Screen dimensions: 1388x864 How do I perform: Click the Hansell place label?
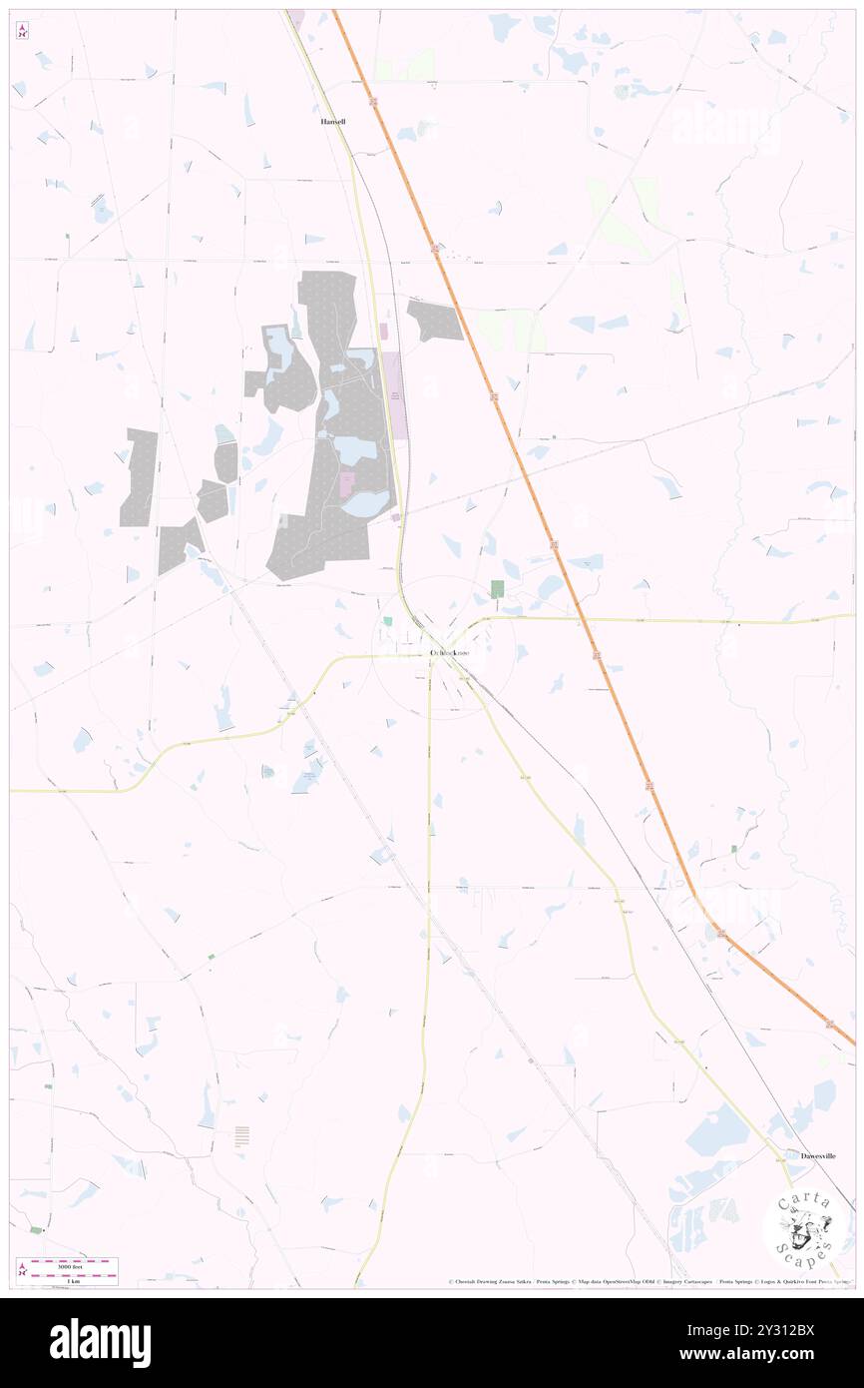pos(332,121)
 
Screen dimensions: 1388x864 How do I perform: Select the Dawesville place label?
pos(818,1155)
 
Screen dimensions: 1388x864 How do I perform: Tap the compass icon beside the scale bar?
pos(22,1268)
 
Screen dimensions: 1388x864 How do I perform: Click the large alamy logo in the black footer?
pos(100,1342)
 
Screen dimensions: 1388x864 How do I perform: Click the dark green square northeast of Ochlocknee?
pos(497,589)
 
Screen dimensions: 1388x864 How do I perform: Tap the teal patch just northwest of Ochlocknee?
pos(387,621)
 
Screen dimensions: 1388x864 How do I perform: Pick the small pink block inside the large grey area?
pos(347,484)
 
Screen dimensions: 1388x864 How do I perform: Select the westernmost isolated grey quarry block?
pos(139,477)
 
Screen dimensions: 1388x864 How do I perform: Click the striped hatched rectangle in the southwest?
pos(242,1136)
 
